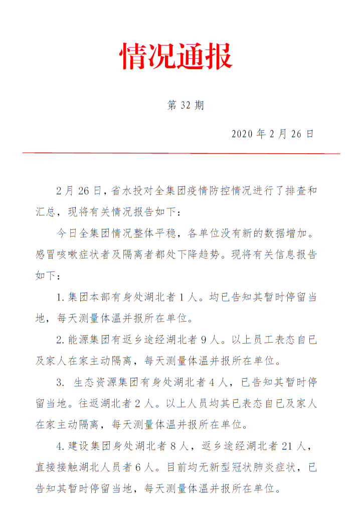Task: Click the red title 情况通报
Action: pyautogui.click(x=176, y=56)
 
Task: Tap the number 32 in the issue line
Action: pyautogui.click(x=185, y=105)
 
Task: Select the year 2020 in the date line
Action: pyautogui.click(x=243, y=134)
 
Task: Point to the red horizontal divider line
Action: pyautogui.click(x=181, y=153)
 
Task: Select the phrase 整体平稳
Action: pyautogui.click(x=154, y=233)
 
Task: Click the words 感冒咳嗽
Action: pyautogui.click(x=59, y=254)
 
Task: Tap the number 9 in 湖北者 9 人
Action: pyautogui.click(x=204, y=340)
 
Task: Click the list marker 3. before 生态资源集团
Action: pyautogui.click(x=60, y=383)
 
